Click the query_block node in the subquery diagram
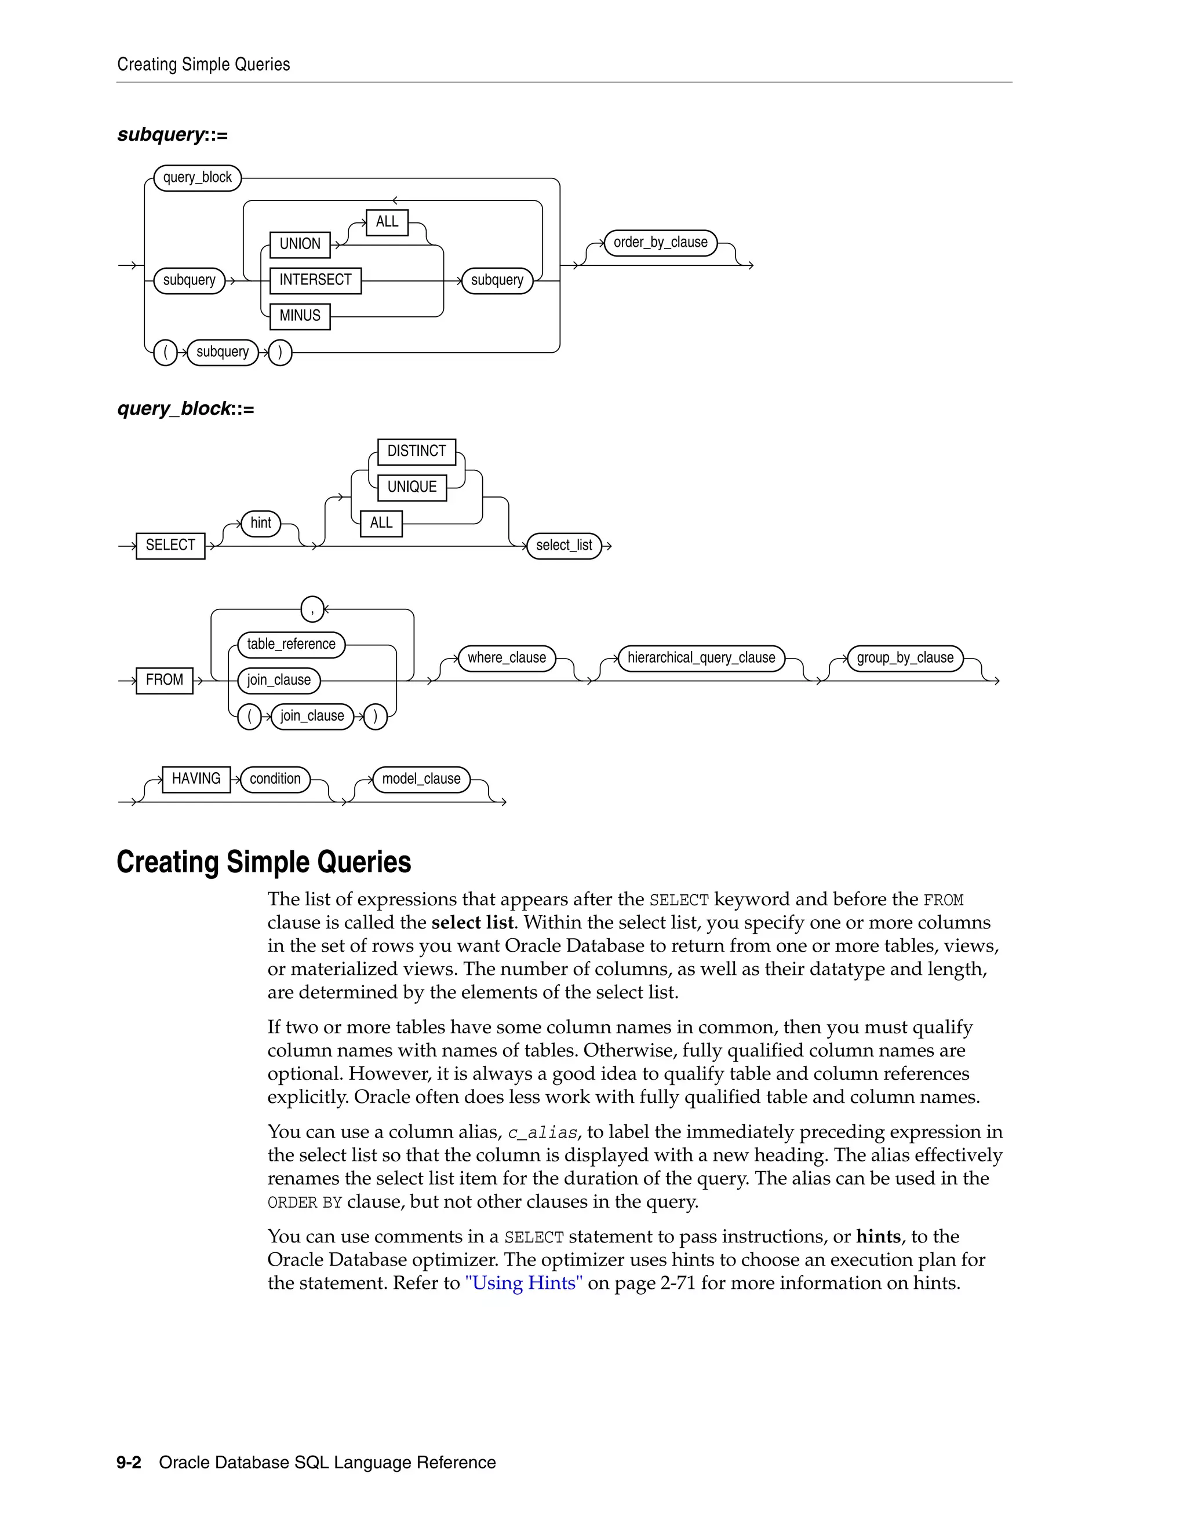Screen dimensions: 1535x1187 click(197, 177)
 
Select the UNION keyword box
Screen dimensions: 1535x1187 click(300, 244)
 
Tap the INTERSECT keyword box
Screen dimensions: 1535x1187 click(315, 280)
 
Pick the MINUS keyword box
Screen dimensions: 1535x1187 click(300, 316)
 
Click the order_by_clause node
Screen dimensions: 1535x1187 click(660, 243)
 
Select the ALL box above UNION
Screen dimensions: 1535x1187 click(387, 222)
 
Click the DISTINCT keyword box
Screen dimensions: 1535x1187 click(416, 451)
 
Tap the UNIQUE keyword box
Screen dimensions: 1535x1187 click(412, 487)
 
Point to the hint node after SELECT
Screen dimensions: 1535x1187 click(260, 523)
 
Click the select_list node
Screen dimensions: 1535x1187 click(564, 546)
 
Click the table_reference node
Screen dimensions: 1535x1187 click(291, 644)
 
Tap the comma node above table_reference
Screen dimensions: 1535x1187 click(312, 609)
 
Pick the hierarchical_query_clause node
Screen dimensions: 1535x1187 click(701, 658)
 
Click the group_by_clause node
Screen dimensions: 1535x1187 click(905, 658)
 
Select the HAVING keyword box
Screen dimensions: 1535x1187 click(196, 779)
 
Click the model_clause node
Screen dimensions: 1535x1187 click(421, 779)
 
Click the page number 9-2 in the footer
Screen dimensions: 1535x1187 click(129, 1462)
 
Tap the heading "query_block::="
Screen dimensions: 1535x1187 click(185, 408)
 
